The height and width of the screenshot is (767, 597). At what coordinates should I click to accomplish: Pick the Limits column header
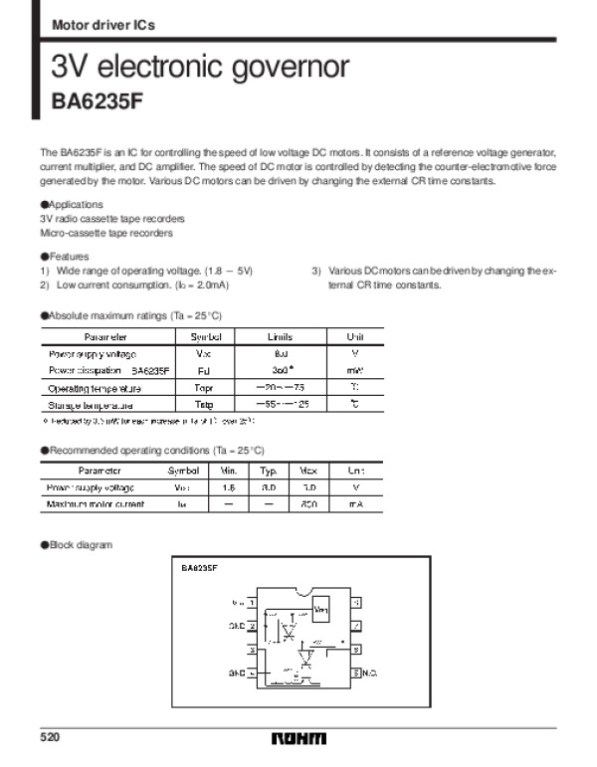(280, 336)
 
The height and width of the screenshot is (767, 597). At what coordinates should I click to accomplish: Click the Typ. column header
(269, 470)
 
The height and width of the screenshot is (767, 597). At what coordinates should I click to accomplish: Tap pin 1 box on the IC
(253, 603)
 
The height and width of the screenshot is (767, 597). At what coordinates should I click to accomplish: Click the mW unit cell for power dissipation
(355, 370)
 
